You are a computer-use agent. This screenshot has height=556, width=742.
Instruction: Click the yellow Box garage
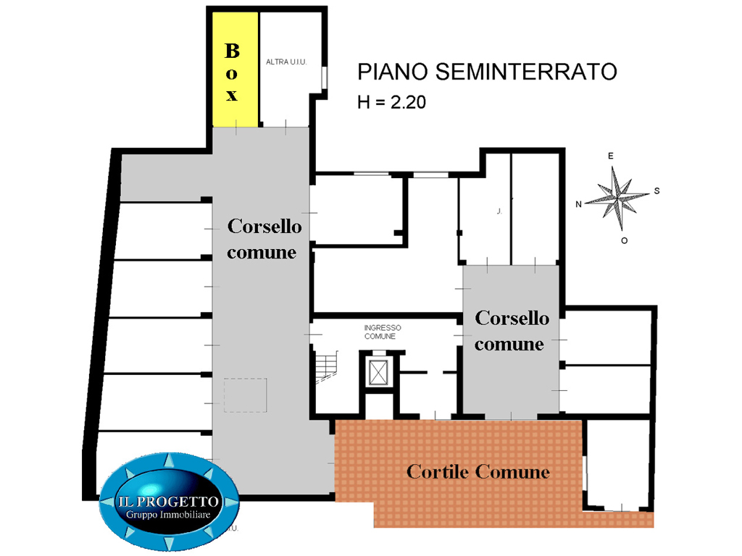235,69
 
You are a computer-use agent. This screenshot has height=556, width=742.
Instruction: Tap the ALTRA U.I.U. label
286,62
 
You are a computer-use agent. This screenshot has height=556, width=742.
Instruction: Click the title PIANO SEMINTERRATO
487,72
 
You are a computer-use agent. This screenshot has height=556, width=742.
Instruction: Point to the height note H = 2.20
391,102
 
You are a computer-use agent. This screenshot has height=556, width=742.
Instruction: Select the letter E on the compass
610,156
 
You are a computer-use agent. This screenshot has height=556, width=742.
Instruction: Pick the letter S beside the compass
656,191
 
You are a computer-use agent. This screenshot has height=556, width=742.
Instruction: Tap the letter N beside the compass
578,204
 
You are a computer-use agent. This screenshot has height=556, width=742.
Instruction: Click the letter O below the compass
624,240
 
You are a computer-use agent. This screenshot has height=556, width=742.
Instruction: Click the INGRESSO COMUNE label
383,332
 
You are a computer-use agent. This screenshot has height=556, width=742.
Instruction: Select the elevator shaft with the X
378,373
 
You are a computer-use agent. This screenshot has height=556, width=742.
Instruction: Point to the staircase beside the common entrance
327,367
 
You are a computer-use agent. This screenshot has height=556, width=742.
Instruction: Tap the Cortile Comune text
478,471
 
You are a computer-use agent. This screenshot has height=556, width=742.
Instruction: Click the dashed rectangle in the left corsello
245,395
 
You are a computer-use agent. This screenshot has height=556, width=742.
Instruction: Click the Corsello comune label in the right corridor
511,331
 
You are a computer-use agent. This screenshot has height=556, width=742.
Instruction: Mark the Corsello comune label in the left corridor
264,239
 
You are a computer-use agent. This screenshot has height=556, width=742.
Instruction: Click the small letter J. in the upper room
499,211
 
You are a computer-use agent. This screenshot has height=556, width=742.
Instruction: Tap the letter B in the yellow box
232,51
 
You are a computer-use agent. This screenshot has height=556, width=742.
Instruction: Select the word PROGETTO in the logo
184,502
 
